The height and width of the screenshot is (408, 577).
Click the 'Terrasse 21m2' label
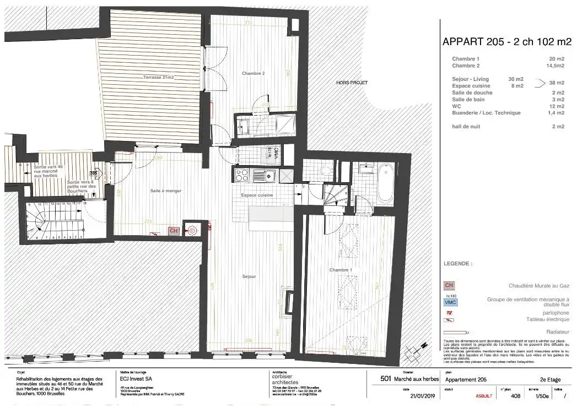pos(158,78)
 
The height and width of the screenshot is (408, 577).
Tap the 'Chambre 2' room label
pos(253,73)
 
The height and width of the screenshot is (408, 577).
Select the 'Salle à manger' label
pos(165,191)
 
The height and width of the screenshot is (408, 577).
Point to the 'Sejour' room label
pos(249,276)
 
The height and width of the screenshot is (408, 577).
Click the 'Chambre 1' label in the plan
pos(340,270)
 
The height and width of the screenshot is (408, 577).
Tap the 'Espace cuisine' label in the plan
pos(257,195)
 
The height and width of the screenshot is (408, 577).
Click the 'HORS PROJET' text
pos(352,83)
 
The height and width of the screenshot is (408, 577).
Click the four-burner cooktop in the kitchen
pos(242,176)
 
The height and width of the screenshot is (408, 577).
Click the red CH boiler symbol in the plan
pos(173,231)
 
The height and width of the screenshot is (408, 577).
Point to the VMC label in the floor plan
pos(276,153)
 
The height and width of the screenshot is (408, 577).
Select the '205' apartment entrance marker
pos(93,172)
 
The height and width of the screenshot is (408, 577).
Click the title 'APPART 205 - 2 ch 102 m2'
pos(507,42)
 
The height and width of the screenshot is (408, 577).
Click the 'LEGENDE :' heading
pos(457,264)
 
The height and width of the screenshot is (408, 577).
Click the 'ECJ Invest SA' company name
pos(137,379)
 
